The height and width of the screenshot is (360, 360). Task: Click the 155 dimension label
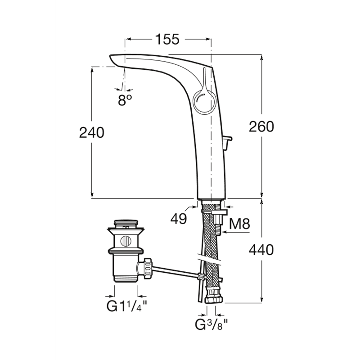click(x=167, y=39)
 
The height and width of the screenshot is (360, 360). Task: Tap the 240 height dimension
click(x=92, y=133)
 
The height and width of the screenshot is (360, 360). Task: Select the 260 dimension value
click(x=261, y=127)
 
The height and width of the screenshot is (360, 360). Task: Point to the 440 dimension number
click(x=261, y=250)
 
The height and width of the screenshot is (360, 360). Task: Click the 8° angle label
click(x=125, y=100)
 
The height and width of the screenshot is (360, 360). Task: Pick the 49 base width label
click(x=179, y=219)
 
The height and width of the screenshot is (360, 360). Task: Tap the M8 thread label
click(x=239, y=223)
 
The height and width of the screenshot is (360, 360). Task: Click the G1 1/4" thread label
click(x=126, y=306)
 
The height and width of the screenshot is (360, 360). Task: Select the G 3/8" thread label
click(x=211, y=324)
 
